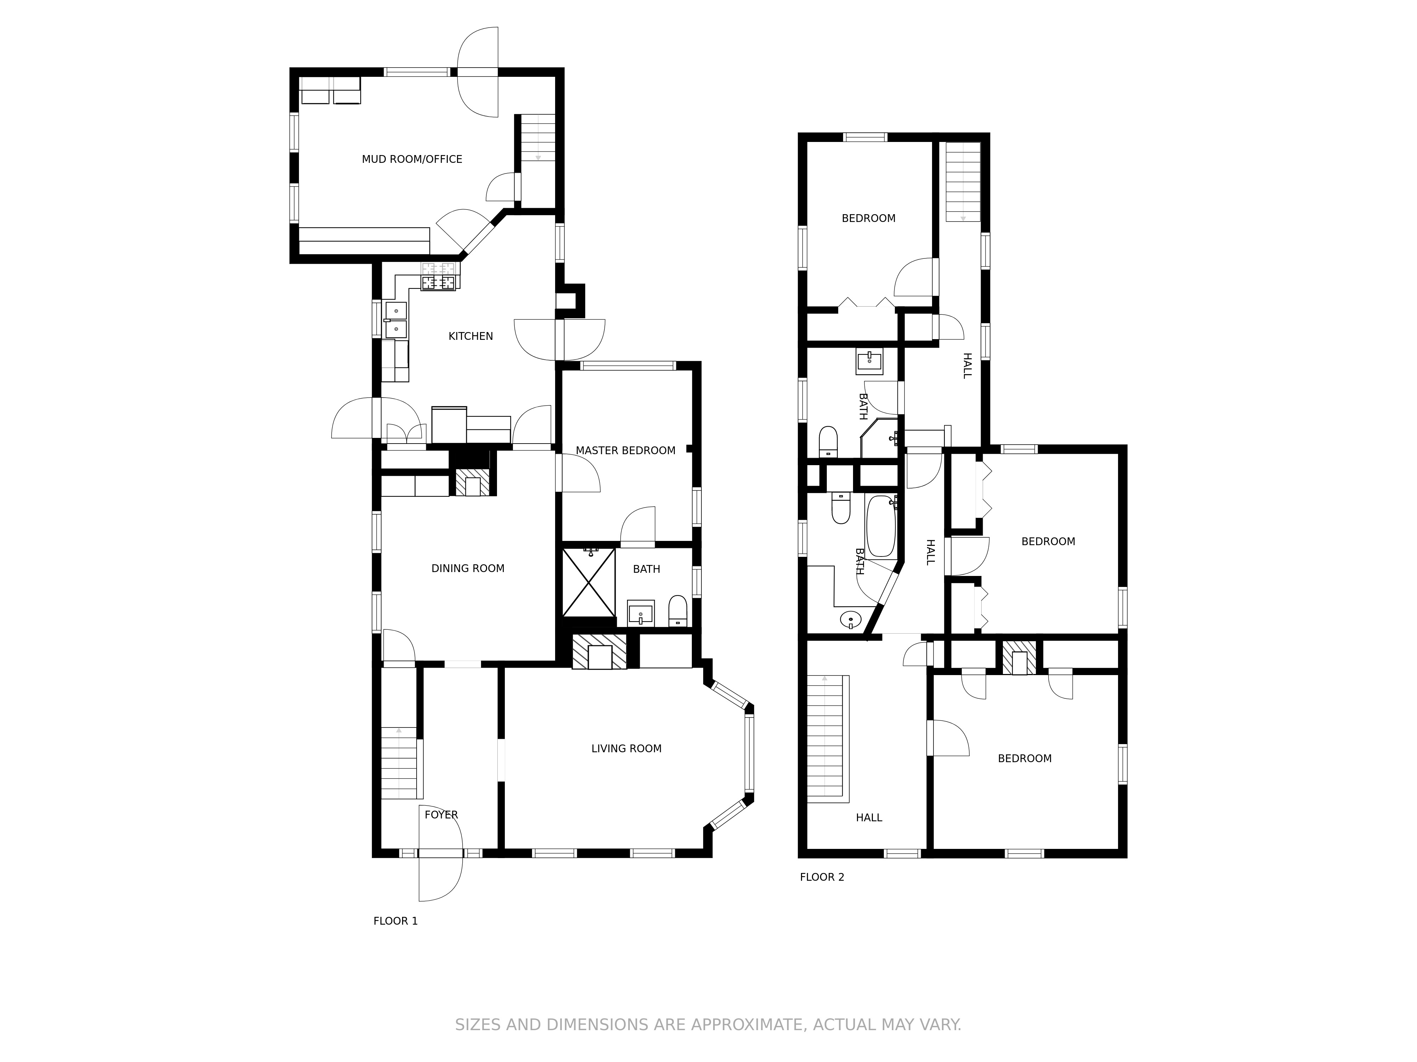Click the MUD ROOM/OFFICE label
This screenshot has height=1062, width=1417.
[412, 159]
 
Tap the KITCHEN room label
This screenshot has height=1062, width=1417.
[471, 336]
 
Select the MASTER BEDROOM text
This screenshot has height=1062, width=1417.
[625, 451]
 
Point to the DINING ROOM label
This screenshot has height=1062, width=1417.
[468, 569]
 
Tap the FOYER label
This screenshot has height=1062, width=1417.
[441, 815]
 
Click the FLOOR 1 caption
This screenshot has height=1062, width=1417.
[395, 921]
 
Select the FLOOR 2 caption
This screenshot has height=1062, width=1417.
[822, 877]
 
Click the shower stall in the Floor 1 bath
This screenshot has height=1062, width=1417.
[589, 583]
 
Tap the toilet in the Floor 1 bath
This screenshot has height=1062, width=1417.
[678, 611]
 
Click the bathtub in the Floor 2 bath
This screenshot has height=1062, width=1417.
[881, 526]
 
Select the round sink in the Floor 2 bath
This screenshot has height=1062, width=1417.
[850, 619]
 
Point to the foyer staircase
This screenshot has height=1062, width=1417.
[399, 763]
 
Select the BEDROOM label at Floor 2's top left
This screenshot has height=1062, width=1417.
[868, 218]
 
